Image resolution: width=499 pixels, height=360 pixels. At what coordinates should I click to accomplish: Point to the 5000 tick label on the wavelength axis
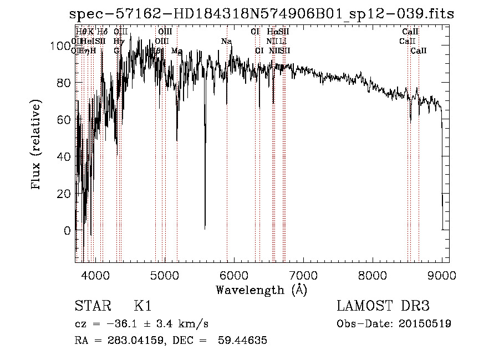tap(164, 275)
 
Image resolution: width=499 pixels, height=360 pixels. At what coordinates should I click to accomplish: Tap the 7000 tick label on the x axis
tap(303, 275)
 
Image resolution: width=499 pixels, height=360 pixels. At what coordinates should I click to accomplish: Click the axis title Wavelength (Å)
tap(261, 290)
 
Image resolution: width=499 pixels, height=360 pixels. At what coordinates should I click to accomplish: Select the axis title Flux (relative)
tap(37, 145)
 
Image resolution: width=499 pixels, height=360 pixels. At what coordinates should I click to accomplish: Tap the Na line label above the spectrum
tap(226, 42)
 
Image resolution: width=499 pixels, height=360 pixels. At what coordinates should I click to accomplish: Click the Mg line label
tap(177, 51)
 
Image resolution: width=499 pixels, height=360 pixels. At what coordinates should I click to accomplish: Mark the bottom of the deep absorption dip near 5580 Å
tap(205, 227)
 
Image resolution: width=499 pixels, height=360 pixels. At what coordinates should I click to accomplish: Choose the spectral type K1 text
tap(142, 306)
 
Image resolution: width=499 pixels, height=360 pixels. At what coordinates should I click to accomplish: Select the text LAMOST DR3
tap(383, 306)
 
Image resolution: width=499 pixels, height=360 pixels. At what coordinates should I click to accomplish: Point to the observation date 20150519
tap(424, 324)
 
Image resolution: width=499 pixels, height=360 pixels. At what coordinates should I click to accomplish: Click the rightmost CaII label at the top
tap(419, 51)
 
